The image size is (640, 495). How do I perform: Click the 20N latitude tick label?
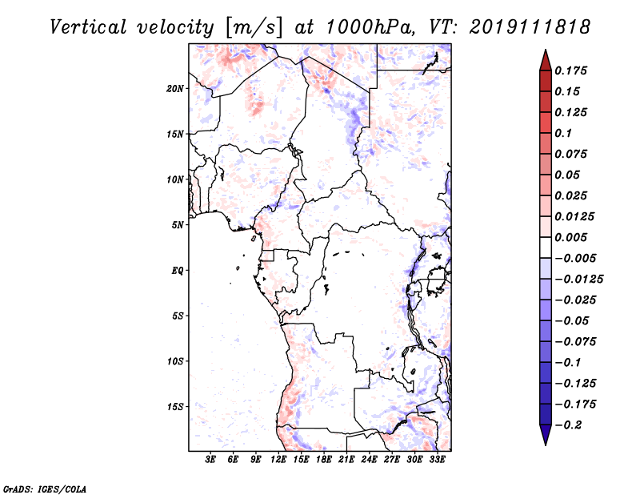tap(174, 88)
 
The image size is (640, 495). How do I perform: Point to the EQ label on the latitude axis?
tap(177, 271)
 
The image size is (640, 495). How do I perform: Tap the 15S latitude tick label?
tap(174, 407)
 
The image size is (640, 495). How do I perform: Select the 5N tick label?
tap(178, 225)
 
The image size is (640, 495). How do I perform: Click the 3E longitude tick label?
tap(210, 460)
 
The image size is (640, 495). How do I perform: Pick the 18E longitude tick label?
tap(323, 460)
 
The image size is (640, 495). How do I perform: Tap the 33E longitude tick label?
tap(437, 460)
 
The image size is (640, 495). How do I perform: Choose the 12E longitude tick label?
tap(278, 460)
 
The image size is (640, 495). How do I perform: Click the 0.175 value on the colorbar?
tap(570, 70)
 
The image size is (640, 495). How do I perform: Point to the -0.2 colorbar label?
tap(568, 425)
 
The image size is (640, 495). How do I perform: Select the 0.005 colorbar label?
tap(570, 237)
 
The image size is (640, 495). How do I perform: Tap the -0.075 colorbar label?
tap(575, 342)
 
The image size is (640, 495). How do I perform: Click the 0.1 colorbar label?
tap(563, 133)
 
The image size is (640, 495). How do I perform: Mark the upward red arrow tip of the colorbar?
tap(546, 50)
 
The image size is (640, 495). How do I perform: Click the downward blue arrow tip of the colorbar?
tap(546, 445)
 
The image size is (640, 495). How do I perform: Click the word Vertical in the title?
tap(88, 27)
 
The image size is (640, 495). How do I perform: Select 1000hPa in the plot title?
tap(367, 27)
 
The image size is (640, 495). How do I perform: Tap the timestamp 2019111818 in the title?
tap(530, 27)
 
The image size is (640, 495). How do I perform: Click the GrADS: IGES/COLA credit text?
tap(45, 489)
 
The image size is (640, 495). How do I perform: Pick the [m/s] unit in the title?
tap(253, 28)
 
